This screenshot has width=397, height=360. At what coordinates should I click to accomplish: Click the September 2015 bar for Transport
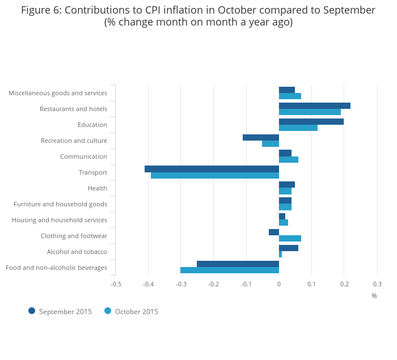click(212, 169)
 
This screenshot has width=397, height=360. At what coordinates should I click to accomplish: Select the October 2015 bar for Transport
click(215, 175)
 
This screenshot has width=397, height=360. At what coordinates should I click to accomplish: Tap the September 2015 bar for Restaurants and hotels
click(315, 105)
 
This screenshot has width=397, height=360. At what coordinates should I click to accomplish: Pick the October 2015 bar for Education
click(298, 128)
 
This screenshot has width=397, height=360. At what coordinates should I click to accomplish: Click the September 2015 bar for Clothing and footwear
click(274, 232)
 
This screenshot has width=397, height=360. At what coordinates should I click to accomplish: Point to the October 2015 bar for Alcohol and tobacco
click(280, 254)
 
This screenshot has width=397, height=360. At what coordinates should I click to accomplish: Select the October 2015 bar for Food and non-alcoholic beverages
click(230, 270)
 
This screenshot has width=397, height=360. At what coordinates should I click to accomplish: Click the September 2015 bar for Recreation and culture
click(261, 137)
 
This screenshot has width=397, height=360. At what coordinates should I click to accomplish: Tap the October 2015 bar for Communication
click(289, 159)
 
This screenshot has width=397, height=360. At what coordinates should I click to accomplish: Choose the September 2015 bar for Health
click(287, 185)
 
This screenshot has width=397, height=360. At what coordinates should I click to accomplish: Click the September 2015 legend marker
click(32, 311)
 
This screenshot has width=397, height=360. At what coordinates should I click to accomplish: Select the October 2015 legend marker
click(108, 311)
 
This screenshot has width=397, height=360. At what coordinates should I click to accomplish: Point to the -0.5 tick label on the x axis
click(115, 284)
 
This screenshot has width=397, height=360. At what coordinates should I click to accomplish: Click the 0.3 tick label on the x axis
click(377, 284)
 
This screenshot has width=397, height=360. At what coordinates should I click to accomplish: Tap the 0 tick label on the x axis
click(279, 284)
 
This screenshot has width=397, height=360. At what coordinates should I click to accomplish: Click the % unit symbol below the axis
click(374, 296)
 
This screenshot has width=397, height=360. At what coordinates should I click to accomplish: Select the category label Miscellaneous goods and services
click(58, 93)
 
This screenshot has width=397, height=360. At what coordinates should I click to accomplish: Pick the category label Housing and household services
click(60, 220)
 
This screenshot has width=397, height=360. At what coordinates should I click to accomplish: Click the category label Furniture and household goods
click(60, 204)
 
